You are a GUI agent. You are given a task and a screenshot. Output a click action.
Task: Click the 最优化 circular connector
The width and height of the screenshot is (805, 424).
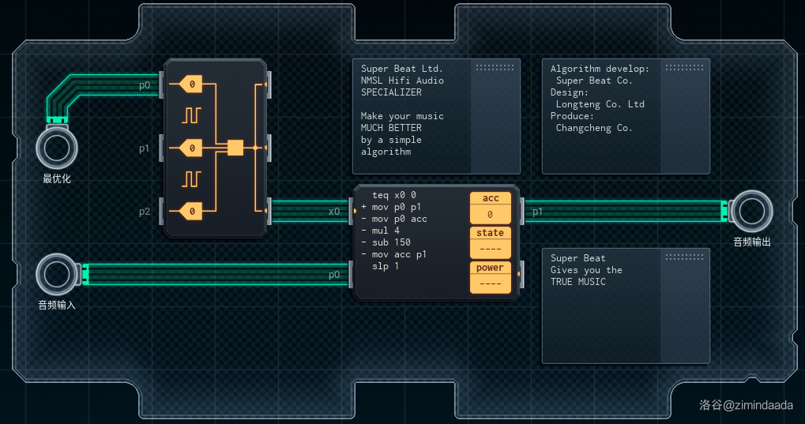57,148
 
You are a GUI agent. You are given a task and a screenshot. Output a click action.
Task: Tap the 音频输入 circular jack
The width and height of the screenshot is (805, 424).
57,274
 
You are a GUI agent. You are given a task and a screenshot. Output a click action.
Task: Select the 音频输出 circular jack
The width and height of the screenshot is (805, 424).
751,211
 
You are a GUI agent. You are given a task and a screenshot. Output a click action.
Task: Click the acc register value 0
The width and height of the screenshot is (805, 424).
490,214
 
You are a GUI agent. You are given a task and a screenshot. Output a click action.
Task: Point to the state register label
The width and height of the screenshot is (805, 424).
490,233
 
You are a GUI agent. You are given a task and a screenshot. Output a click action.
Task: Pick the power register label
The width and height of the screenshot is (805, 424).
490,268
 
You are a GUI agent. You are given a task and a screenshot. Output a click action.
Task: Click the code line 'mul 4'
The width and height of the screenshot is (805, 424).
386,231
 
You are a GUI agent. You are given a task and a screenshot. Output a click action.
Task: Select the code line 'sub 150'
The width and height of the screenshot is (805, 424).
391,242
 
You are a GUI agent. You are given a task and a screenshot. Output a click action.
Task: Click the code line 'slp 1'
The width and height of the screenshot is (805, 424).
386,266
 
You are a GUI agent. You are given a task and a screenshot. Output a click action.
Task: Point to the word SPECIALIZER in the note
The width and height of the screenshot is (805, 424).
391,92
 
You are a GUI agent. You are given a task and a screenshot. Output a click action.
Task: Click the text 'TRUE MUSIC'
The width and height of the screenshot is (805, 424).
577,282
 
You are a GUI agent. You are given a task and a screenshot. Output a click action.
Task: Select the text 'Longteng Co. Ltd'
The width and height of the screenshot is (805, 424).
600,104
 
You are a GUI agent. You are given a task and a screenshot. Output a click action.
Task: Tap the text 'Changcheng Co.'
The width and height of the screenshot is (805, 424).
594,128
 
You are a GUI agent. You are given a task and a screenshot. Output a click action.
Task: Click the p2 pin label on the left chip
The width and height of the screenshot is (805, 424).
145,212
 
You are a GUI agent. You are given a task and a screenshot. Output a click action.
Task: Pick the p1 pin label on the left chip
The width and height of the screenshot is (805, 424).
145,148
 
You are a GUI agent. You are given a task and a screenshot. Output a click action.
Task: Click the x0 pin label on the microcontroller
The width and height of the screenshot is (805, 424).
334,212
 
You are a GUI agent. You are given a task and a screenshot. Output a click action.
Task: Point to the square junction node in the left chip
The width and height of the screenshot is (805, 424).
235,148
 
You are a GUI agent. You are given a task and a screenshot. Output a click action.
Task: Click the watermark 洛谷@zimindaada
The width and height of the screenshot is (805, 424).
745,405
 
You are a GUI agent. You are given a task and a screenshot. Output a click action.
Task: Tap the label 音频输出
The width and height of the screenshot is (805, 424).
751,242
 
